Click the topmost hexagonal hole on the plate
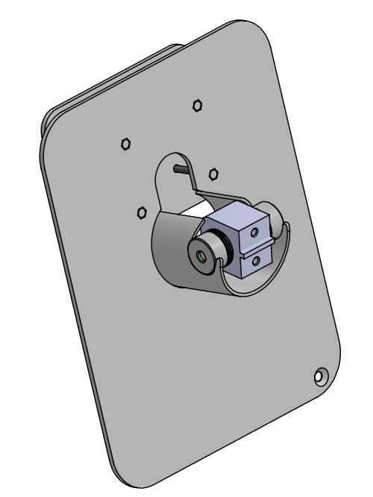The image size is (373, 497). click(197, 105)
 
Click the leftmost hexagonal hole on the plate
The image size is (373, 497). click(126, 143)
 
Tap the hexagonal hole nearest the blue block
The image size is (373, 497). click(213, 174)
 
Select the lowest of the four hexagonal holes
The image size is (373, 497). click(142, 213)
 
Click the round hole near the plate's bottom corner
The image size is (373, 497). click(319, 376)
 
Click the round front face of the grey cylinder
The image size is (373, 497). click(201, 255)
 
